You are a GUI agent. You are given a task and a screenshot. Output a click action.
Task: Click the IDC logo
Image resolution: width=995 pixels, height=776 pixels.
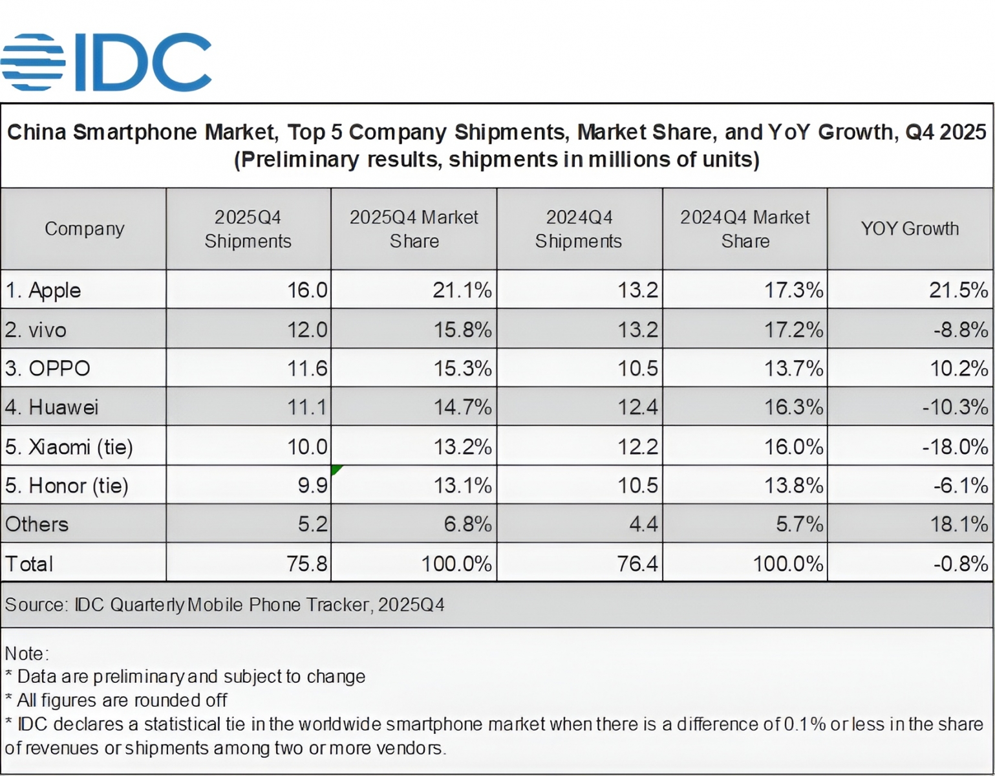(x=107, y=62)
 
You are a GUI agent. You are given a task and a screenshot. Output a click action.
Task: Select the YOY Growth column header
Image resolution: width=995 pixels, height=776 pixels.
(x=909, y=229)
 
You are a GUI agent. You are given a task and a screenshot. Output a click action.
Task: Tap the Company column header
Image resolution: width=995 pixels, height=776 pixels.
(x=84, y=229)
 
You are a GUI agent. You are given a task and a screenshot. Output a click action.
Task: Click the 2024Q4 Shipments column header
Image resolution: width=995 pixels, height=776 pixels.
(x=579, y=229)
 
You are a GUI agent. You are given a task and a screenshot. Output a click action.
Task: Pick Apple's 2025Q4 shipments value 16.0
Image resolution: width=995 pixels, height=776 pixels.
(x=307, y=290)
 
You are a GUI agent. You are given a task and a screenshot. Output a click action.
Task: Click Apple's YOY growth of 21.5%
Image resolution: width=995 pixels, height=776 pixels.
(x=958, y=290)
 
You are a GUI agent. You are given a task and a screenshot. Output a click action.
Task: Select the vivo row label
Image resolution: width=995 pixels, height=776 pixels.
(x=36, y=330)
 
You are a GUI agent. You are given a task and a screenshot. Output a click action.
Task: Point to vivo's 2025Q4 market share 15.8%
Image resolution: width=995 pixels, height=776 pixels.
(x=462, y=330)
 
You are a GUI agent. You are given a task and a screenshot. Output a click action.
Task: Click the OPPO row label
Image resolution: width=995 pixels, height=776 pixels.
(x=48, y=369)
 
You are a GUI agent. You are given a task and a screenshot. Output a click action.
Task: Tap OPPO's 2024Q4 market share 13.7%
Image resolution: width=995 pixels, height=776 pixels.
(x=793, y=369)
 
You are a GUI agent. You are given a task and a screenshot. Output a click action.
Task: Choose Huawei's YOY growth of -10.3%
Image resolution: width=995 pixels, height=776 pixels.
(x=955, y=407)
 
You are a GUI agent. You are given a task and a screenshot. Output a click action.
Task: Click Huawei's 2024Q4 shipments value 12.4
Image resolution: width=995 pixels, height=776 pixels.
(x=637, y=407)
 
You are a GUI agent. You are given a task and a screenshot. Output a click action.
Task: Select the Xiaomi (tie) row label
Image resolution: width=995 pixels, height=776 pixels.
(x=69, y=447)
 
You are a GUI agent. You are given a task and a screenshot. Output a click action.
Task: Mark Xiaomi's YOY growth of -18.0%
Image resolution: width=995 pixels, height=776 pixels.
(x=955, y=447)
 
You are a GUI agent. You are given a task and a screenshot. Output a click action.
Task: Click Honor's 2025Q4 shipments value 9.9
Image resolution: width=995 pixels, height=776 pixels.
(x=313, y=486)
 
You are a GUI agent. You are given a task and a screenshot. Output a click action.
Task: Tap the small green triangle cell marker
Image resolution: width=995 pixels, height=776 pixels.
(x=335, y=469)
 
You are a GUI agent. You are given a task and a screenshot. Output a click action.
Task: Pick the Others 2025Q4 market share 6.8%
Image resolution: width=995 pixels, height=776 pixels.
(x=467, y=524)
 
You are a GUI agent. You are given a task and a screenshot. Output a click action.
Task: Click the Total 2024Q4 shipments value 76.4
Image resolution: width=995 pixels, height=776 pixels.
(x=637, y=564)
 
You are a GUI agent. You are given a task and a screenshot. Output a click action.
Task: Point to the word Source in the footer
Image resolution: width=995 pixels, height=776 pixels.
(x=35, y=605)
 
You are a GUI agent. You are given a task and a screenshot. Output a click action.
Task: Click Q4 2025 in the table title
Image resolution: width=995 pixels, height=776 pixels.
(x=945, y=132)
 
